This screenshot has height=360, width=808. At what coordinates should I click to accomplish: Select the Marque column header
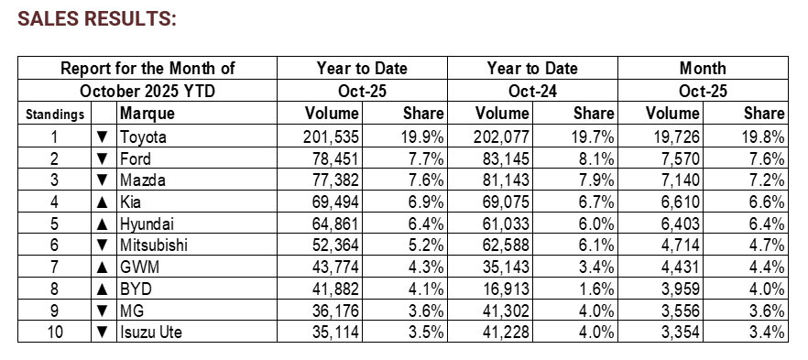click(148, 114)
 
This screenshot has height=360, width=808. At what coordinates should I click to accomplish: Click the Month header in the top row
click(703, 68)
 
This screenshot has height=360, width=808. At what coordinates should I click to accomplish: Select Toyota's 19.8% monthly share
click(762, 137)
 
